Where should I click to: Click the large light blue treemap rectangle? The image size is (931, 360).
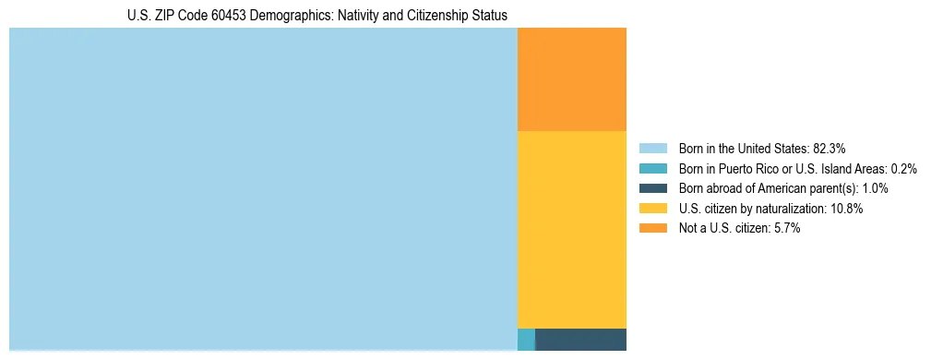coord(263,189)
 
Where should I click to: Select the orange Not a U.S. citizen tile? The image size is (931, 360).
coord(572,79)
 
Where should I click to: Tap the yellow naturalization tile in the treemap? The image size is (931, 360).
coord(572,229)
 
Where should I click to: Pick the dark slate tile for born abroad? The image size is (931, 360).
coord(580,339)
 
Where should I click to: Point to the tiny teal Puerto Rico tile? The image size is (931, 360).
coord(526,339)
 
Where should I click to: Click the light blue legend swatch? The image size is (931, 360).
coord(652,148)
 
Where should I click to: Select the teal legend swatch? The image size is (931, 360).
coord(652,168)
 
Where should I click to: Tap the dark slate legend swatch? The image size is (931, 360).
coord(652,188)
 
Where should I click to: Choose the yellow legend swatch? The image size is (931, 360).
coord(652,209)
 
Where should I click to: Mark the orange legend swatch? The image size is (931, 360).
coord(652,229)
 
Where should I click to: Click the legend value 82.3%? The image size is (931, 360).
coord(829,148)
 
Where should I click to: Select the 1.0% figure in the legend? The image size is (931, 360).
coord(875,188)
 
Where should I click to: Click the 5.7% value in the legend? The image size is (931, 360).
coord(785,229)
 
